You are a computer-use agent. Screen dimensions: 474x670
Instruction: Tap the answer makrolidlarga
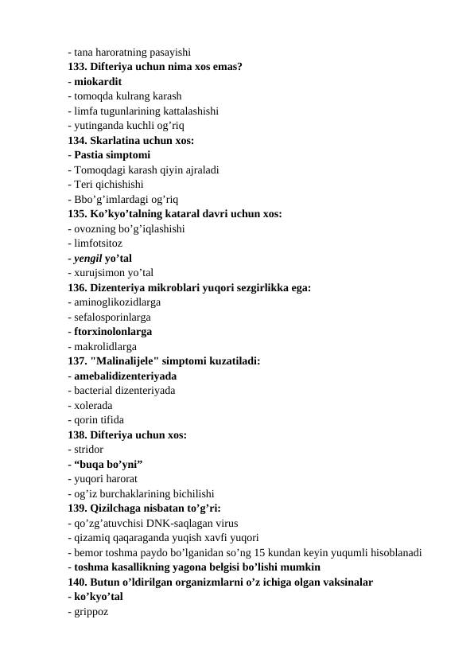pyautogui.click(x=104, y=346)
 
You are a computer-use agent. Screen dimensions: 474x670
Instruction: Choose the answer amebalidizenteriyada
pyautogui.click(x=125, y=376)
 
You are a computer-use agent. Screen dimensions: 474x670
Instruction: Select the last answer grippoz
pyautogui.click(x=91, y=611)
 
